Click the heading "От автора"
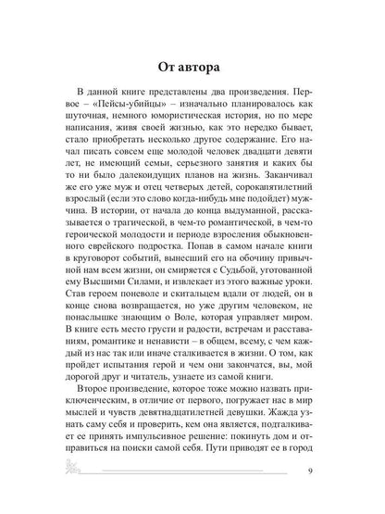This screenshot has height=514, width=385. (192, 67)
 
